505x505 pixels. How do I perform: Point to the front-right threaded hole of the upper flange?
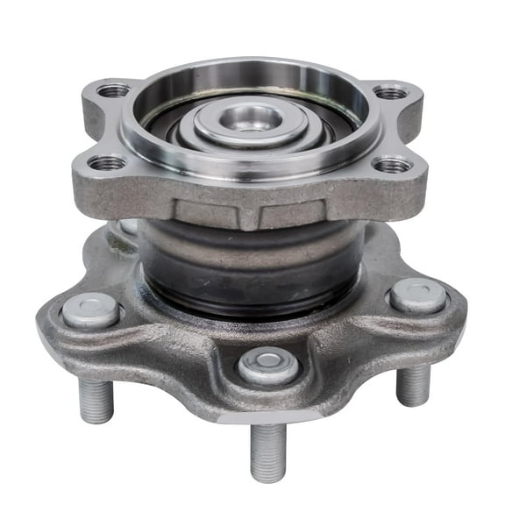tap(392, 165)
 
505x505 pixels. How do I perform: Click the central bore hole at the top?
tap(252, 117)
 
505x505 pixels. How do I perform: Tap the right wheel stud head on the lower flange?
tap(417, 295)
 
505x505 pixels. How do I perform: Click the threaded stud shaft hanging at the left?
tap(96, 400)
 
